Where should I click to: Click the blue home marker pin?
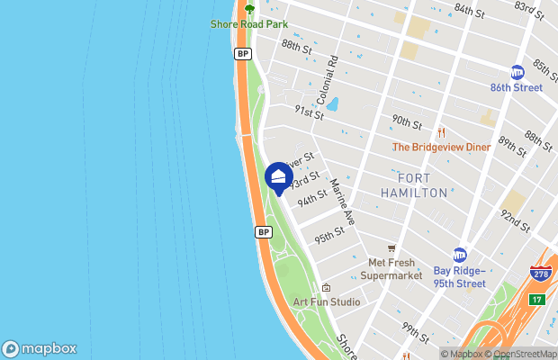(278, 177)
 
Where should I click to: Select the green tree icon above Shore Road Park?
(249, 9)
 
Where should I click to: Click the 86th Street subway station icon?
(517, 72)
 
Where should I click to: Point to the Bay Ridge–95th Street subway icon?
(460, 255)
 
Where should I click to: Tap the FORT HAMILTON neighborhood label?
(414, 185)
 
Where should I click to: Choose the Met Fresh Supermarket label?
(390, 269)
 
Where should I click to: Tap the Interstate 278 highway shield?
(540, 274)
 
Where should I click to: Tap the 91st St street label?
(309, 112)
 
